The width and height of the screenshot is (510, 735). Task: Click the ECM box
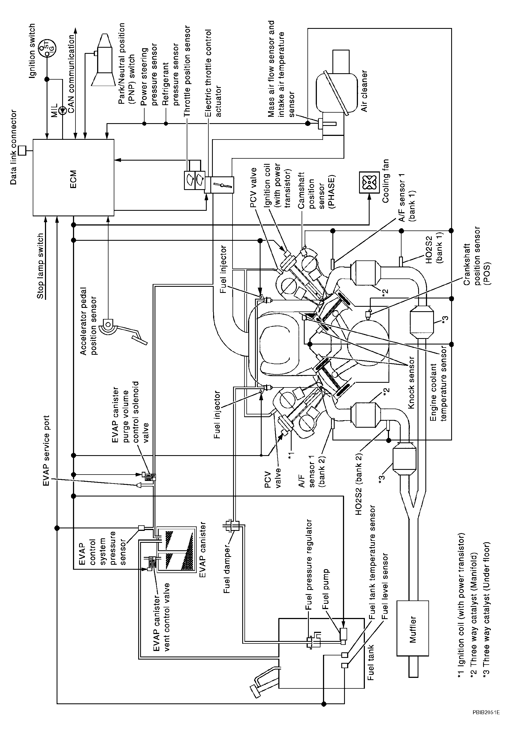coord(74,177)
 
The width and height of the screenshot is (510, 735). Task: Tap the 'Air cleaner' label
coord(364,91)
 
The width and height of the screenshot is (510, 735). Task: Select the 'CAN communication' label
coord(71,73)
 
